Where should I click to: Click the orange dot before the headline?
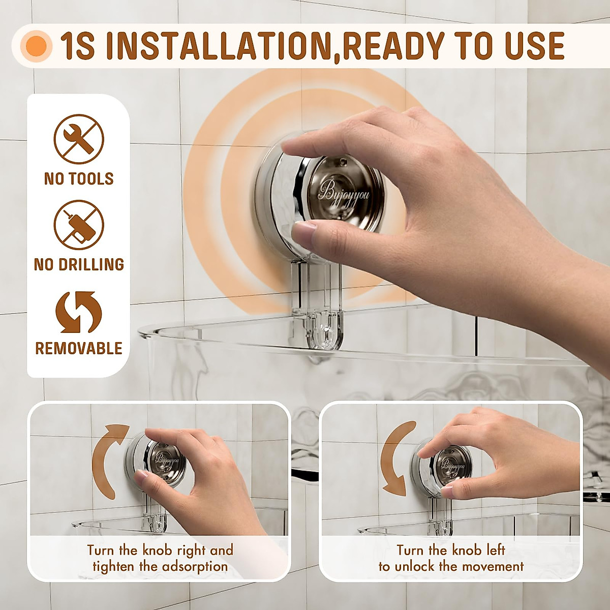(37, 46)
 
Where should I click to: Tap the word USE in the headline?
(534, 46)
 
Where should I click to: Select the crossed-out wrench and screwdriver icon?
(79, 139)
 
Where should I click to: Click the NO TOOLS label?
(79, 179)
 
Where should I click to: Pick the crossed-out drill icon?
(79, 225)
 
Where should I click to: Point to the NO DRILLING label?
(79, 264)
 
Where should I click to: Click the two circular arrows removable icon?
(79, 312)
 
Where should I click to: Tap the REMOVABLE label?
(79, 349)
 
